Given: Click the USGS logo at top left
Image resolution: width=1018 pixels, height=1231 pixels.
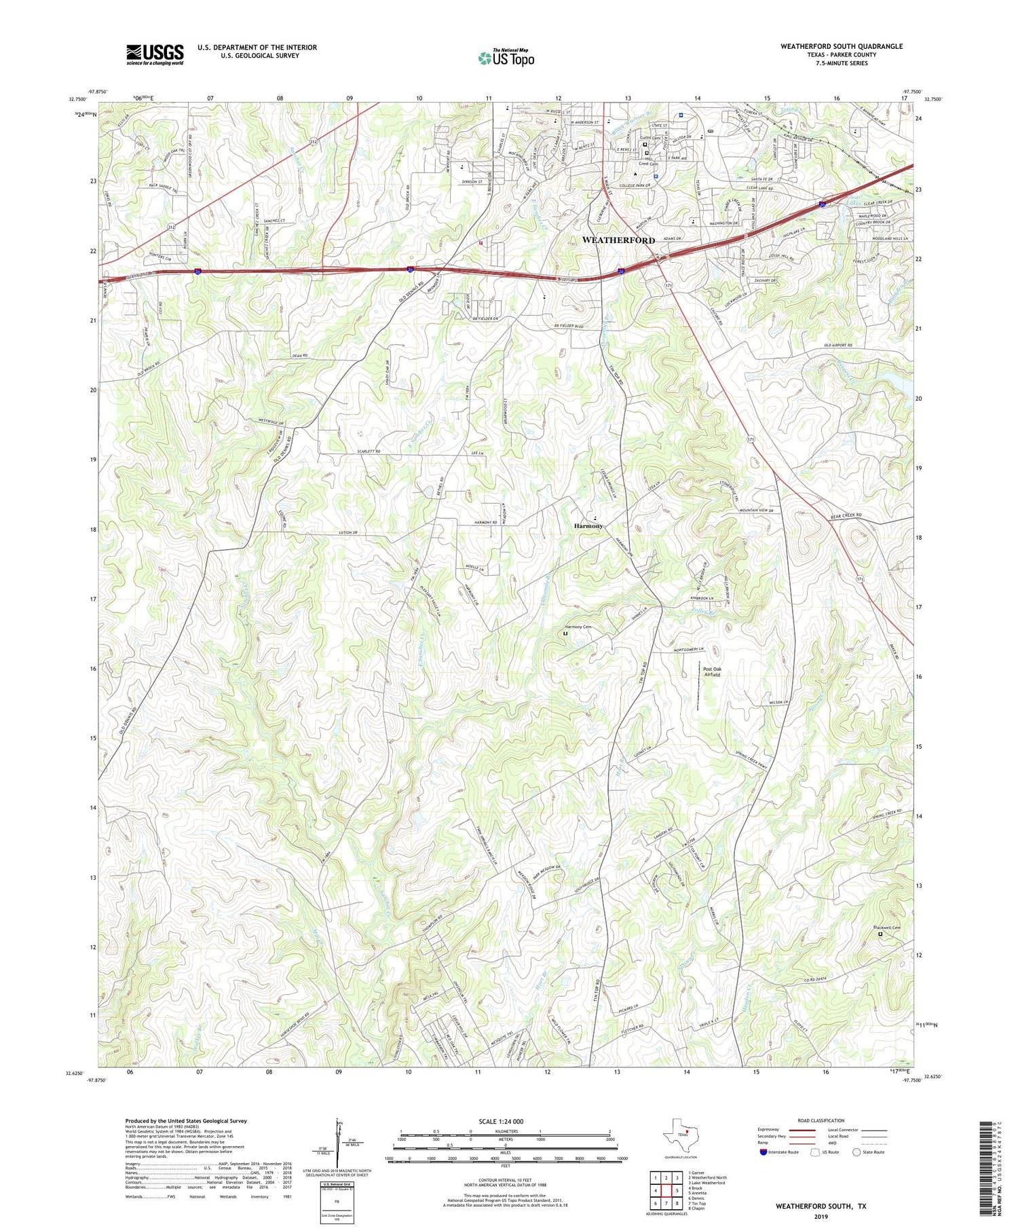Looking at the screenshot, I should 155,54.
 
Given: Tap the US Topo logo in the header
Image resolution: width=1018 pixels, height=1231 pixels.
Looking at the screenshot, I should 506,58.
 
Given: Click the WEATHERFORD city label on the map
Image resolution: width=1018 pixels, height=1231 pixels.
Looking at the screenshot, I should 618,240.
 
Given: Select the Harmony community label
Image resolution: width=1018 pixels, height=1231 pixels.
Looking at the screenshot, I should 588,526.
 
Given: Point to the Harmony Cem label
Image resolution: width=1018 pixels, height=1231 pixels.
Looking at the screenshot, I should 578,627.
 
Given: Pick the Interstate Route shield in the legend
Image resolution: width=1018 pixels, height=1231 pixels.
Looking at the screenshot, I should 763,1152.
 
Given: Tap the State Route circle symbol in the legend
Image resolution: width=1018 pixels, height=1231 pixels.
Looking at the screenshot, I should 856,1152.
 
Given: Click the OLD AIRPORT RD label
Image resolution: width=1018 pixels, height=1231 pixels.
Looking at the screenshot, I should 837,346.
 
